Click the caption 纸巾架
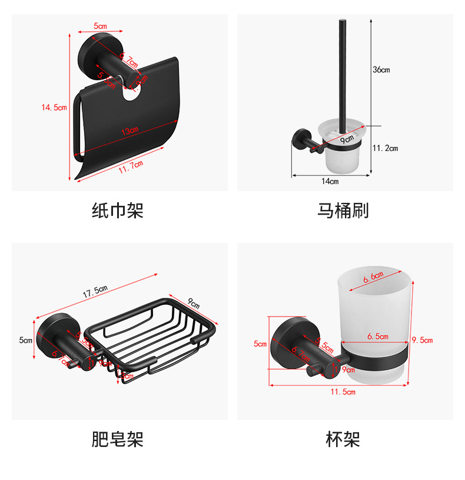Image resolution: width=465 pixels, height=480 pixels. pyautogui.click(x=118, y=211)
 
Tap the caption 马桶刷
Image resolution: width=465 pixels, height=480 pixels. pyautogui.click(x=343, y=211)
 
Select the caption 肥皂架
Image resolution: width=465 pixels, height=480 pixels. pyautogui.click(x=118, y=439)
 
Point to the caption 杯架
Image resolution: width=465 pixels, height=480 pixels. pyautogui.click(x=343, y=439)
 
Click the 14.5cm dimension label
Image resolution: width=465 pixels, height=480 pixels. pyautogui.click(x=54, y=107)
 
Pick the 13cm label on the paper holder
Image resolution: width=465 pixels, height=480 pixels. pyautogui.click(x=129, y=131)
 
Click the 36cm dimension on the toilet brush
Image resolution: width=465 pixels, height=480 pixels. pyautogui.click(x=381, y=70)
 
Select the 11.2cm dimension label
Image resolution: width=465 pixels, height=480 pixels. pyautogui.click(x=385, y=148)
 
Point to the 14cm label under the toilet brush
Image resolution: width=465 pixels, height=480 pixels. pyautogui.click(x=330, y=182)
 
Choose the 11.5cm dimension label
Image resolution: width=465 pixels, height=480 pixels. pyautogui.click(x=343, y=392)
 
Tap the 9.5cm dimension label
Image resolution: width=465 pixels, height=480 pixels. pyautogui.click(x=422, y=340)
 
